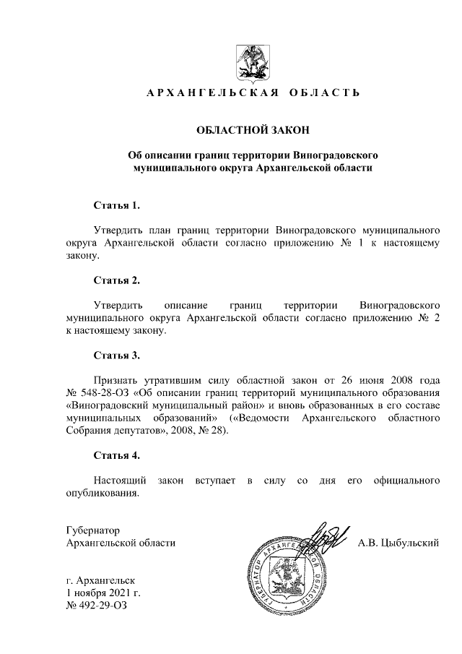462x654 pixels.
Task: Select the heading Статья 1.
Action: (x=116, y=205)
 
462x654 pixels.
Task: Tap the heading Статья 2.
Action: (x=116, y=280)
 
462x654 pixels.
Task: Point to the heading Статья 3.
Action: (x=116, y=355)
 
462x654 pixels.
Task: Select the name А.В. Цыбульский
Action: (x=398, y=543)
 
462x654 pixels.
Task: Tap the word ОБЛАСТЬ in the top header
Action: (x=322, y=93)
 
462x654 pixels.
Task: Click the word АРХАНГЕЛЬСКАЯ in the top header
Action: (x=204, y=93)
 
